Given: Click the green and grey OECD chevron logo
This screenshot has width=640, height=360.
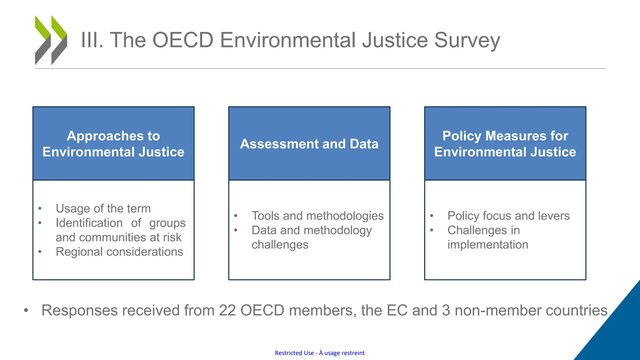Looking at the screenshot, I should (51, 40).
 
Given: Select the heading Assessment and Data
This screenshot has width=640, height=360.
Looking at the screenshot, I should (309, 144).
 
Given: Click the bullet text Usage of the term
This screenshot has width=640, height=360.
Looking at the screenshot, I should (103, 208).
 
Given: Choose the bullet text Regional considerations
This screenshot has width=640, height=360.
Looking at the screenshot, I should (119, 252).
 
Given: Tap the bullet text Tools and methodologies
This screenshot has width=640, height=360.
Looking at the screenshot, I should (317, 216).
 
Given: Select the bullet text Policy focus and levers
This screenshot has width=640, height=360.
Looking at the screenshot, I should (508, 216).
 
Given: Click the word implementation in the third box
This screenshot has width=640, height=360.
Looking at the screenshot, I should (488, 245).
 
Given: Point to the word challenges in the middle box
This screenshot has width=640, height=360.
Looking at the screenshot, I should (280, 245).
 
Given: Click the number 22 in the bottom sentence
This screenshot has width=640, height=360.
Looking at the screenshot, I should (227, 310).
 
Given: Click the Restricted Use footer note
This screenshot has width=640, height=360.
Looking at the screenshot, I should (320, 353).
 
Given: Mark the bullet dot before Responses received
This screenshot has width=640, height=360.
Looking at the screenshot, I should (26, 310).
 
